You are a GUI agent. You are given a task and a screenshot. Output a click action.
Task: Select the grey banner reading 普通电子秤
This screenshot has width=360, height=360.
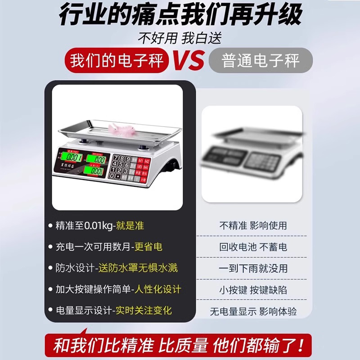click(x=261, y=60)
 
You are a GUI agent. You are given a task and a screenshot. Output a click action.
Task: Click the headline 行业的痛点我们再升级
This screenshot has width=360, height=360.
click(x=180, y=16)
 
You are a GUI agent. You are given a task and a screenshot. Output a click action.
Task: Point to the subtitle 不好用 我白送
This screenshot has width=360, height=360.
click(x=180, y=39)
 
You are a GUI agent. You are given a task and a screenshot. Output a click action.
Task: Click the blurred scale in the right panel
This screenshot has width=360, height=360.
click(x=251, y=153)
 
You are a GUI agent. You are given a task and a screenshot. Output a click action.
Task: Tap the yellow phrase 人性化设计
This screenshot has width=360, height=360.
click(x=159, y=289)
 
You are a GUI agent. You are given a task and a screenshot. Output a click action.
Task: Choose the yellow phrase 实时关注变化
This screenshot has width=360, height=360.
click(x=144, y=310)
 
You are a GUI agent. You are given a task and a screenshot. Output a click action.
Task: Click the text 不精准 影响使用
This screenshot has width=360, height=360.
click(x=252, y=225)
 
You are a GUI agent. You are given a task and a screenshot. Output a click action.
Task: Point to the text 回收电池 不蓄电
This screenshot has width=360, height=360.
click(x=252, y=247)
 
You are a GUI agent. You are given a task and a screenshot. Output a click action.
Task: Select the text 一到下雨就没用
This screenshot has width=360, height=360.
click(x=252, y=269)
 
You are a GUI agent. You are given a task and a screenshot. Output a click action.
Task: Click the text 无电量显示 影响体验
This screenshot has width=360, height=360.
click(x=253, y=311)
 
